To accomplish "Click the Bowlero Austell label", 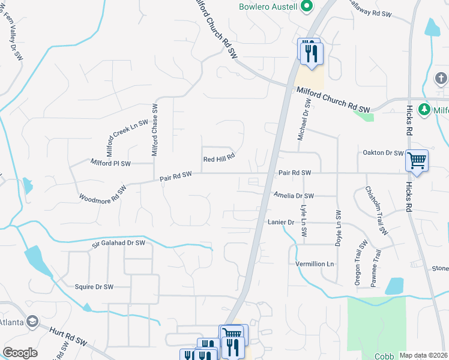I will pos(267,7).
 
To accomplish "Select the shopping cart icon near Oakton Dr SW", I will pos(417,161).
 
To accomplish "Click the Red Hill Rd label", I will pos(218,159).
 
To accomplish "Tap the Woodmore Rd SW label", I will pos(103,194).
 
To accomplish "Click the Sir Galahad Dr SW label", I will pos(119,243).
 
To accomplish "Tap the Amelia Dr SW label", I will pos(294,196).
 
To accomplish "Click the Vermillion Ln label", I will pos(314,264).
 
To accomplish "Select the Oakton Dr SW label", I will pos(382,153).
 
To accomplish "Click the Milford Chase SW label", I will pos(154,130).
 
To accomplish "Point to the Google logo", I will pos(20,353).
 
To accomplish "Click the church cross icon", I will pos(441,79).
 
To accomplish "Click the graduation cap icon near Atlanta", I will pos(33,321).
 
